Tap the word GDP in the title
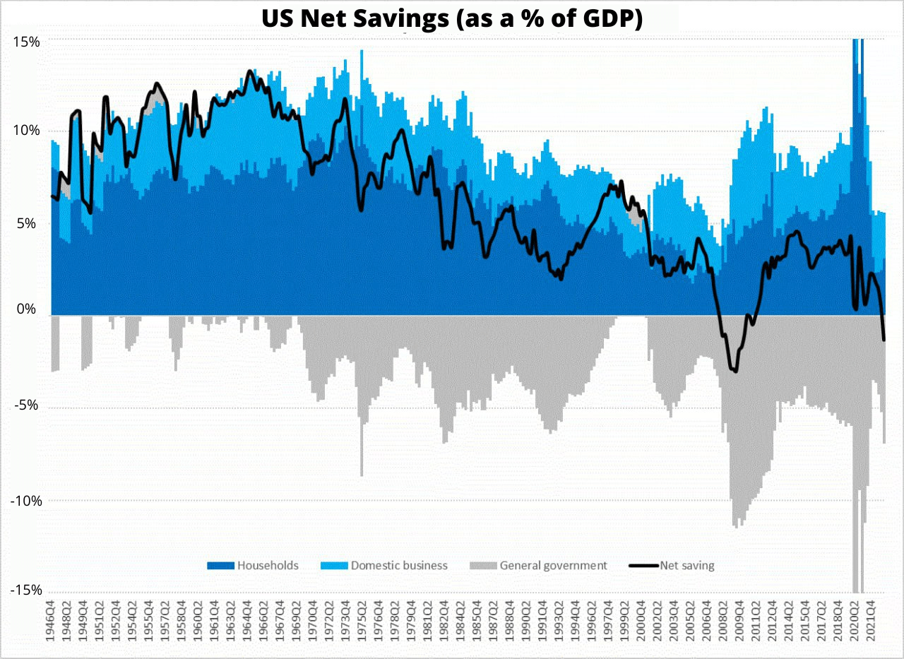tap(609, 18)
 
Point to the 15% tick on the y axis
tap(26, 42)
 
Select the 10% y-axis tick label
tap(26, 131)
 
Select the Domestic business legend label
tap(399, 565)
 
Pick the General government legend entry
tap(553, 565)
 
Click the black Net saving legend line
tap(642, 565)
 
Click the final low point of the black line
tap(884, 340)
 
